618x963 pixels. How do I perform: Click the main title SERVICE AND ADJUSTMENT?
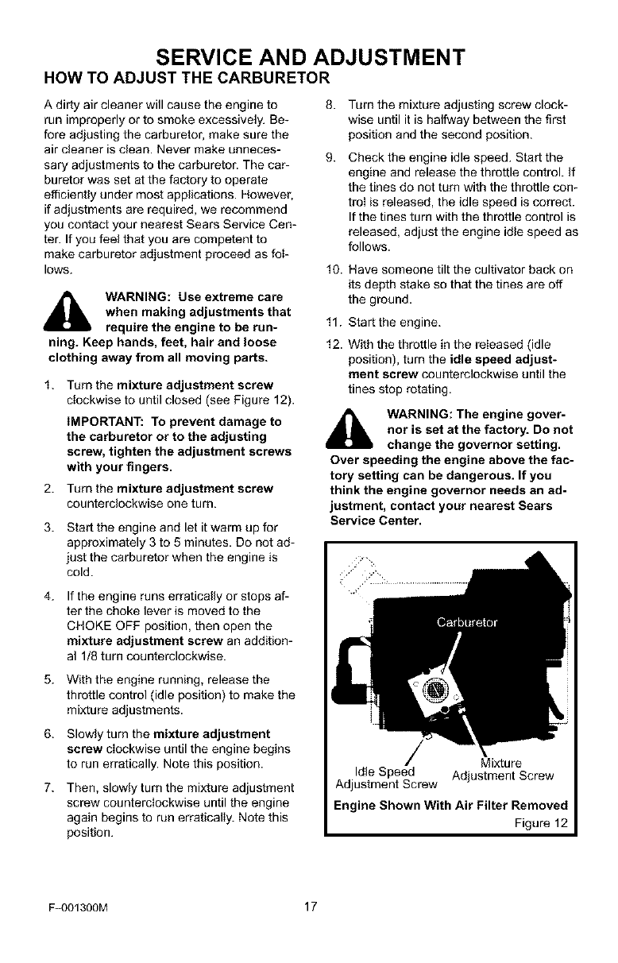tap(309, 57)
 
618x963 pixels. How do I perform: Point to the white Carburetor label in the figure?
tap(465, 621)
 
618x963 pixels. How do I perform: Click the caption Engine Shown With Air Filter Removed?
tap(451, 804)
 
